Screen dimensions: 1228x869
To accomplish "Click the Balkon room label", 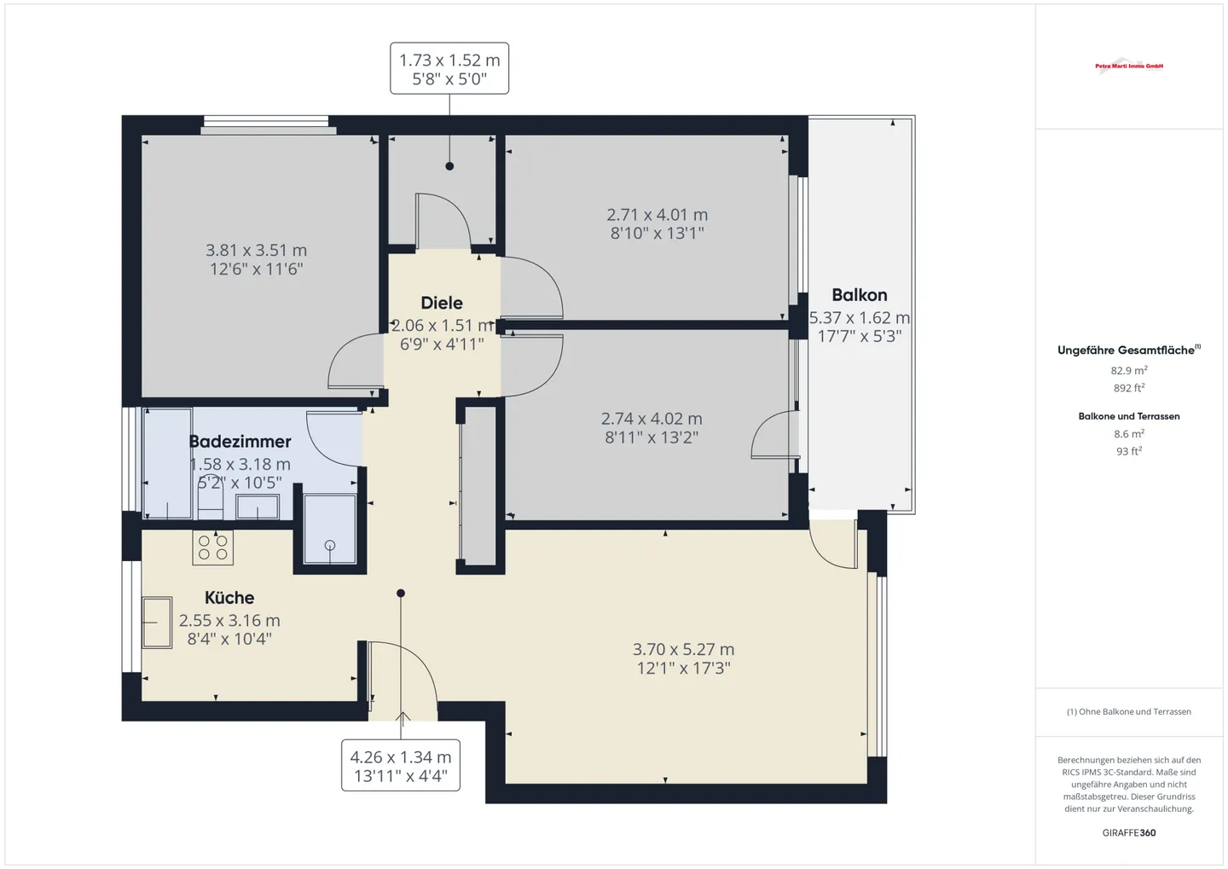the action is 859,295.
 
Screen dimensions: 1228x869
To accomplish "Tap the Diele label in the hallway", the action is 442,303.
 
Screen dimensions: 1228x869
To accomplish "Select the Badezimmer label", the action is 240,442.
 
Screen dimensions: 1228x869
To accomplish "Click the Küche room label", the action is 229,597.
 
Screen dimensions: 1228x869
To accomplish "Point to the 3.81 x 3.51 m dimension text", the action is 256,250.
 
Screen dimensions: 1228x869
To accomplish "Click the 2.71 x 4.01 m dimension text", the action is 657,214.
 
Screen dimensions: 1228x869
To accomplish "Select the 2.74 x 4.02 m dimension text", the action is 652,419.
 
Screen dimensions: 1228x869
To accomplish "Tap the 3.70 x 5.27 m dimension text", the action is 683,649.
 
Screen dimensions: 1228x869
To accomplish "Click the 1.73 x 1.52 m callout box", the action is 449,68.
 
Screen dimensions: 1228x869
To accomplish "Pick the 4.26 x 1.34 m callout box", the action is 401,765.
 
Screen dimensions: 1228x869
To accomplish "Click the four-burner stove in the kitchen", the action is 212,547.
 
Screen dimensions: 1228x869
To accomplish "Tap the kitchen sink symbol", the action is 157,623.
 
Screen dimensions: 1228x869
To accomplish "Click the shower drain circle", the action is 329,546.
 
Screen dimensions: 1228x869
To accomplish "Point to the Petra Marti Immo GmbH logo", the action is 1129,66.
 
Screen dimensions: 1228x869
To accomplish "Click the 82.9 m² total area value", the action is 1129,370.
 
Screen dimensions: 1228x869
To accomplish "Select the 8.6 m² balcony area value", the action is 1129,434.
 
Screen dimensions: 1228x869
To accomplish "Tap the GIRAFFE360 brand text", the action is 1129,833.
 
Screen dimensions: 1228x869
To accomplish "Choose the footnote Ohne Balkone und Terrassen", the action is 1129,711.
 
